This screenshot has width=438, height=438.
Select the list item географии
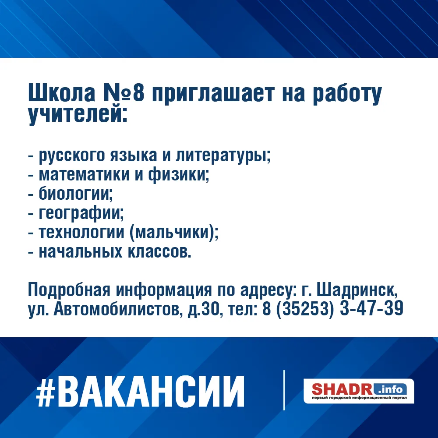click(81, 213)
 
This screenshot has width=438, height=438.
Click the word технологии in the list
click(81, 233)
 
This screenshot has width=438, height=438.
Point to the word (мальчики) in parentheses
click(172, 233)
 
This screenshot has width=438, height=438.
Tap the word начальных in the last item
click(81, 251)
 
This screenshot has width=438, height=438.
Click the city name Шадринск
click(357, 290)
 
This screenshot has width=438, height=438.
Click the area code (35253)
click(305, 309)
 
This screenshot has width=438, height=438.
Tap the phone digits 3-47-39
click(371, 309)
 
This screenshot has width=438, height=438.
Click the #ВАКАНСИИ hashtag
click(140, 391)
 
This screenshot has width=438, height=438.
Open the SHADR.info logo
click(359, 391)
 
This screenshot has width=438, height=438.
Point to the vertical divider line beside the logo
click(284, 390)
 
